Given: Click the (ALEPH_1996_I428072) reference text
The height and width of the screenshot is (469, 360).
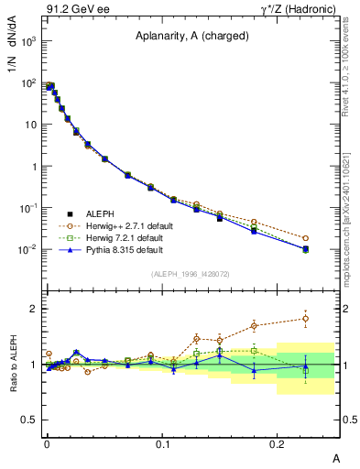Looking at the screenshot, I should pos(190,274).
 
